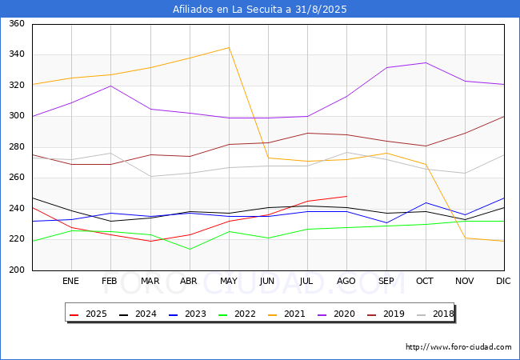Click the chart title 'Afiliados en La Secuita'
click(x=232, y=10)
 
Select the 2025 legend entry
click(x=88, y=314)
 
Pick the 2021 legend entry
click(x=286, y=314)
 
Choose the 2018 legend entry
click(x=435, y=314)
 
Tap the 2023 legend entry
click(x=187, y=314)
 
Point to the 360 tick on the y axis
click(x=17, y=23)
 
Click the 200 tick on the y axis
click(x=17, y=270)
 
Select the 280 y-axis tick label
click(x=17, y=147)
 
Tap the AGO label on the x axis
click(x=346, y=281)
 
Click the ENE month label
click(x=70, y=281)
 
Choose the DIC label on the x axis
click(x=503, y=281)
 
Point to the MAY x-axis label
click(x=229, y=281)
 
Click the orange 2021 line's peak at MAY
click(x=229, y=48)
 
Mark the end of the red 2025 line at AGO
click(x=347, y=196)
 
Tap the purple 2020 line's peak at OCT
click(x=426, y=62)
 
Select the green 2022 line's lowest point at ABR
click(x=190, y=250)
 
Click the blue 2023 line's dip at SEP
click(x=386, y=223)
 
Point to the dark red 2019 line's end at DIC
click(x=504, y=116)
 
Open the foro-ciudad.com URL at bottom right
click(x=458, y=347)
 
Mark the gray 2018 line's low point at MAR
click(x=151, y=176)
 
